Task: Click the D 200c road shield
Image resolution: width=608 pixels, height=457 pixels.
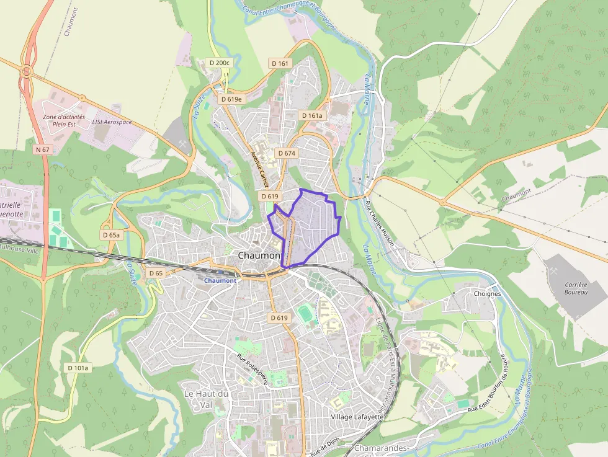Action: click(219, 63)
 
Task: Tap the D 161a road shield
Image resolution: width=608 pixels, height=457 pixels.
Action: click(311, 115)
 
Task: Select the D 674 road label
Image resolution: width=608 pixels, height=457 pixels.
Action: click(287, 153)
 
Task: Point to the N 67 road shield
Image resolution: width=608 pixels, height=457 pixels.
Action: click(42, 149)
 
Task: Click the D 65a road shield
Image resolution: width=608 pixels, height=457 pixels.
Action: click(111, 235)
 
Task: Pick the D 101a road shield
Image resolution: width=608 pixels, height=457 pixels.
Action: click(78, 368)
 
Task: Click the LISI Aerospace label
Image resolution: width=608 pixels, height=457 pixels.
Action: click(112, 122)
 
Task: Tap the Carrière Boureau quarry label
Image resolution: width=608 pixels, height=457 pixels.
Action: click(576, 288)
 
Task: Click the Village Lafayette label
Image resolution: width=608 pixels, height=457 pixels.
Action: click(357, 417)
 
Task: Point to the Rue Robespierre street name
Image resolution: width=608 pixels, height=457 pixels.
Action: click(252, 370)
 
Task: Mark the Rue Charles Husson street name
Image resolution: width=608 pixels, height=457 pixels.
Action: click(380, 222)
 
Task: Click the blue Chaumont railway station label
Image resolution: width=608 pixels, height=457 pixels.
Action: click(220, 280)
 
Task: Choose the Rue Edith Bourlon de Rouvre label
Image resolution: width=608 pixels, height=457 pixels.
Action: click(491, 384)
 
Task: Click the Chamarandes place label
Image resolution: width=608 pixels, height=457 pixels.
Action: click(380, 448)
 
